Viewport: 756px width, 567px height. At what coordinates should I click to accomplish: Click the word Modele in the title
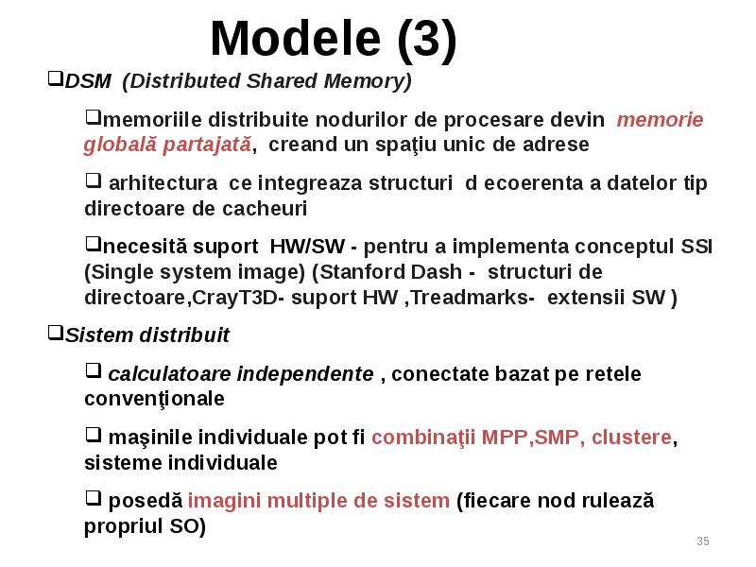(296, 39)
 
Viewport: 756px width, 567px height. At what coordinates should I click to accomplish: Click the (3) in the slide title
(427, 41)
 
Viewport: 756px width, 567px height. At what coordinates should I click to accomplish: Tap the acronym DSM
(88, 81)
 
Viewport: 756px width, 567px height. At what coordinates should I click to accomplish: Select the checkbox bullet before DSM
(56, 78)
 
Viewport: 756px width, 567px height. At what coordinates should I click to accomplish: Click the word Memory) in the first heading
(368, 81)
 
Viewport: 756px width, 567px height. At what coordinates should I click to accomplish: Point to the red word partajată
(207, 145)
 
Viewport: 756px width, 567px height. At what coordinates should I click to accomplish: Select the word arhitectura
(163, 183)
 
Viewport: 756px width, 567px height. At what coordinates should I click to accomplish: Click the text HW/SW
(307, 247)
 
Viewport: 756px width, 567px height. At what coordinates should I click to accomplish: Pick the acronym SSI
(696, 247)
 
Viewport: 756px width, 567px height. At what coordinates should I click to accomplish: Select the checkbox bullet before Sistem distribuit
(56, 333)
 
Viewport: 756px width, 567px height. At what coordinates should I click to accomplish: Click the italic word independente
(305, 374)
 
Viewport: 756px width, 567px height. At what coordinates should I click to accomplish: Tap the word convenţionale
(154, 399)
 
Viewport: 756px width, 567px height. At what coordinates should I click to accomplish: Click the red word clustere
(631, 438)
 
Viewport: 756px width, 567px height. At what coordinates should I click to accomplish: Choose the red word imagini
(224, 501)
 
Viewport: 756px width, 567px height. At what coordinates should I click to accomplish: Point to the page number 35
(703, 541)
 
